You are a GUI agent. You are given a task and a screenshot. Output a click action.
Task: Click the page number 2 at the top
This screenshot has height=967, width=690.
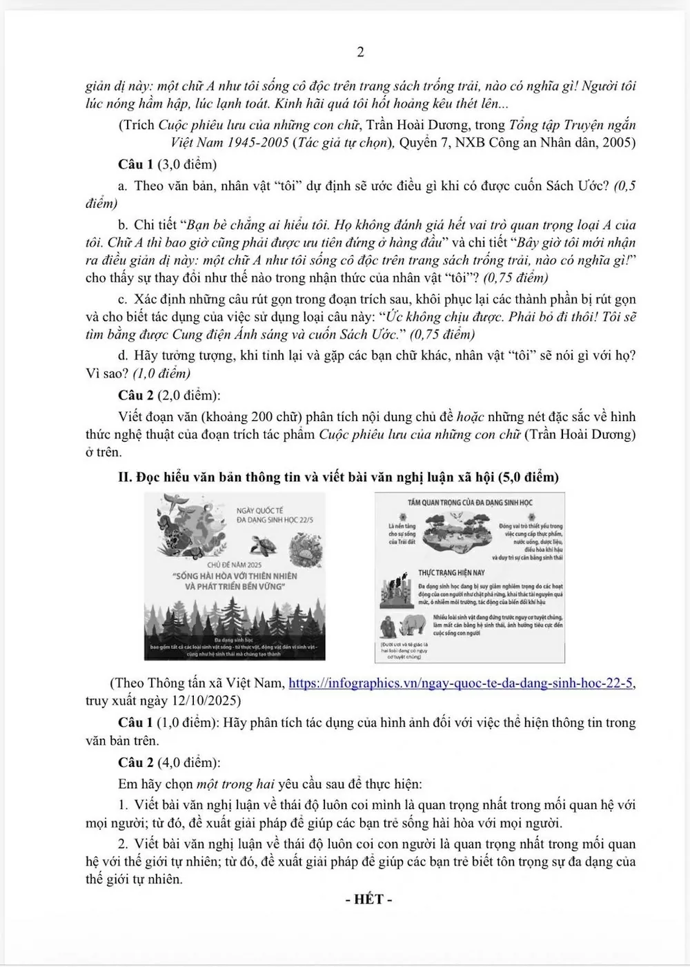point(359,52)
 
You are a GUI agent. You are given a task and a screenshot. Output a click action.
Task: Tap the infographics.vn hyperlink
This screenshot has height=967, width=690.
point(460,683)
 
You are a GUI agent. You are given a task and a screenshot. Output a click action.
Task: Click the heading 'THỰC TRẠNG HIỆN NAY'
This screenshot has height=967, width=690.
point(451,573)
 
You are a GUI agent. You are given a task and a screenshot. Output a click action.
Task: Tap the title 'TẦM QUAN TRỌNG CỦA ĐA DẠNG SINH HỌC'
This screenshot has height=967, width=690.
point(470,502)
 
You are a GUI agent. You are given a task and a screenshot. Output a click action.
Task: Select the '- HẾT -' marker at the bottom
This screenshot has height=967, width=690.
point(369,899)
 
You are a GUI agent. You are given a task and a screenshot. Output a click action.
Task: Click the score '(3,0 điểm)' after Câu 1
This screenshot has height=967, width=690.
point(187,164)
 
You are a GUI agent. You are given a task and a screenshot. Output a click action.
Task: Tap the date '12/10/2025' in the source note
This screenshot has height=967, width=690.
point(204,701)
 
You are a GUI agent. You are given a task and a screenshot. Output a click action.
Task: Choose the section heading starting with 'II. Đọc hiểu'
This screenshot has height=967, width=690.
point(338,477)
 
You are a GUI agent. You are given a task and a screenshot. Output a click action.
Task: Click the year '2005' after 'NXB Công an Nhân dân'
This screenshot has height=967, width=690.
point(620,143)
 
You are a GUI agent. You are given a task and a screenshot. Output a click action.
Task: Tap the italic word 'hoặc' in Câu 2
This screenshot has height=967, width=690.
point(470,417)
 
